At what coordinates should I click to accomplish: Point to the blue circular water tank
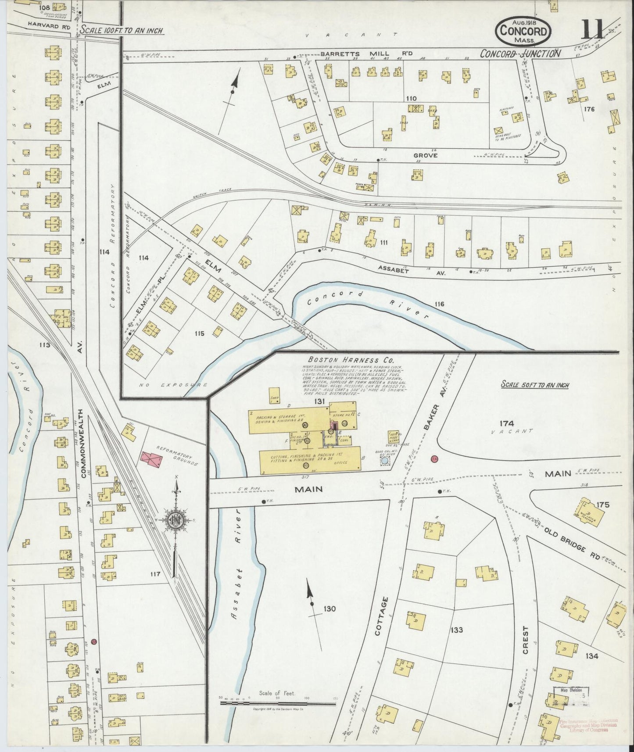[x=385, y=461]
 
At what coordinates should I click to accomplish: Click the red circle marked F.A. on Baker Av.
[x=434, y=458]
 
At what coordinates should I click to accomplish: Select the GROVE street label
[x=425, y=155]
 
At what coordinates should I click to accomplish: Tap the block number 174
[x=506, y=423]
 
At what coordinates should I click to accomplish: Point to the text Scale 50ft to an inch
[x=535, y=385]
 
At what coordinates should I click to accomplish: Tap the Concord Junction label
[x=520, y=53]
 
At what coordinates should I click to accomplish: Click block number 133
[x=456, y=630]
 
